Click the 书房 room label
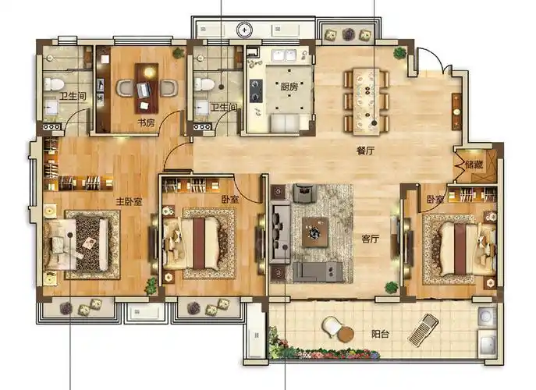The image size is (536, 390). (x=146, y=122)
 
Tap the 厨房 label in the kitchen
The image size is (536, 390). (x=289, y=87)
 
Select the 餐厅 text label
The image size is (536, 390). (x=365, y=151)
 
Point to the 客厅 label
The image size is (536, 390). (x=371, y=239)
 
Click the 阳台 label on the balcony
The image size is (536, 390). (x=380, y=334)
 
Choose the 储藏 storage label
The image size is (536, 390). (x=474, y=165)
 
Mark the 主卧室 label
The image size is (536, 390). (x=129, y=202)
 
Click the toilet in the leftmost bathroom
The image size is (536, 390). (x=54, y=83)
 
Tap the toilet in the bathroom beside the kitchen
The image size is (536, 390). (x=204, y=83)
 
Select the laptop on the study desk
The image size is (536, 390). (x=144, y=90)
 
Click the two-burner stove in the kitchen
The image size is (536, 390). (x=256, y=91)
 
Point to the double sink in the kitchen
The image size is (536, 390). (x=284, y=55)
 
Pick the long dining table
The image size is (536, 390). (x=367, y=101)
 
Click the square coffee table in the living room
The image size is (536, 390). (x=315, y=232)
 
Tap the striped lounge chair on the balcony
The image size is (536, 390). (x=423, y=329)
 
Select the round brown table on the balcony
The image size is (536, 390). (x=346, y=335)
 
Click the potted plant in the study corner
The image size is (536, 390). (x=178, y=53)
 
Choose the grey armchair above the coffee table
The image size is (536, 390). (x=305, y=193)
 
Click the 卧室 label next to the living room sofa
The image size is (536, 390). (x=229, y=199)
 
